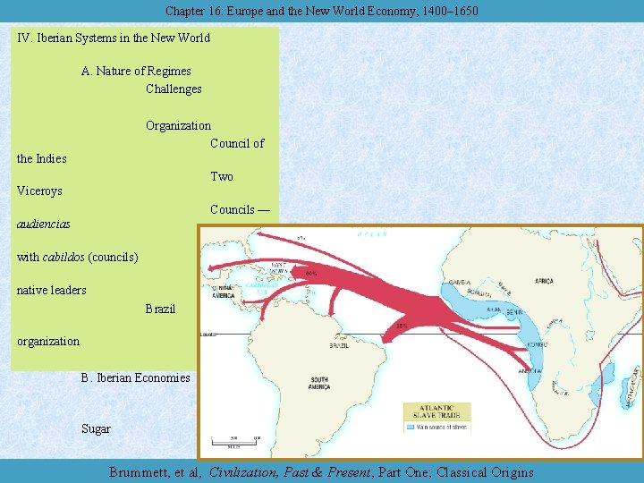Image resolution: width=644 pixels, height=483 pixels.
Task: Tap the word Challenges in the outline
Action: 174,89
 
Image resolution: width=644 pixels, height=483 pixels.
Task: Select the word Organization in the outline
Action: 178,126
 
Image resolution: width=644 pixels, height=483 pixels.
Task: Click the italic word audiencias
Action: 44,224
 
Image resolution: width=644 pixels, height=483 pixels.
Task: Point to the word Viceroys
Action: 40,191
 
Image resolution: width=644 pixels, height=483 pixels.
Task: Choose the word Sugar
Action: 96,428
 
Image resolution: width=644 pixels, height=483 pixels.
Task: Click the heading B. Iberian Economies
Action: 135,377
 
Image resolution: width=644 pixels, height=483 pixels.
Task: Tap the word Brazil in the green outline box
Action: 160,309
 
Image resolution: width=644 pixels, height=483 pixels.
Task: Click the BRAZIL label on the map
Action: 341,344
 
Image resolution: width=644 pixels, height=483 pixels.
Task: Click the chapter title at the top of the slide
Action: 321,11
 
